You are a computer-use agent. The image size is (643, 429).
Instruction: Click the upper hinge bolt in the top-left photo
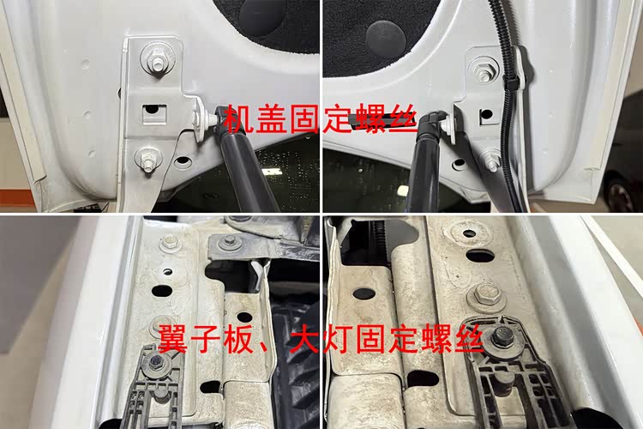click(x=156, y=57)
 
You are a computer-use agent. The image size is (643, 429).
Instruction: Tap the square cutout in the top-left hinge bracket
click(x=154, y=114)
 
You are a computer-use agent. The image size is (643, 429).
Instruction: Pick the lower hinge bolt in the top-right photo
click(x=492, y=160)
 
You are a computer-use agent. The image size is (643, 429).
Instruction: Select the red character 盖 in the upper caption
click(x=272, y=118)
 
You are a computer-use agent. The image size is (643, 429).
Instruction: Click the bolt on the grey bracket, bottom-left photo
click(x=226, y=243)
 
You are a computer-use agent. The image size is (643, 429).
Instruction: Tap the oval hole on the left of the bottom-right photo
click(x=364, y=293)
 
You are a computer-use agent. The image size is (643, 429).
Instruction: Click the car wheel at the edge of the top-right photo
click(x=625, y=194)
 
